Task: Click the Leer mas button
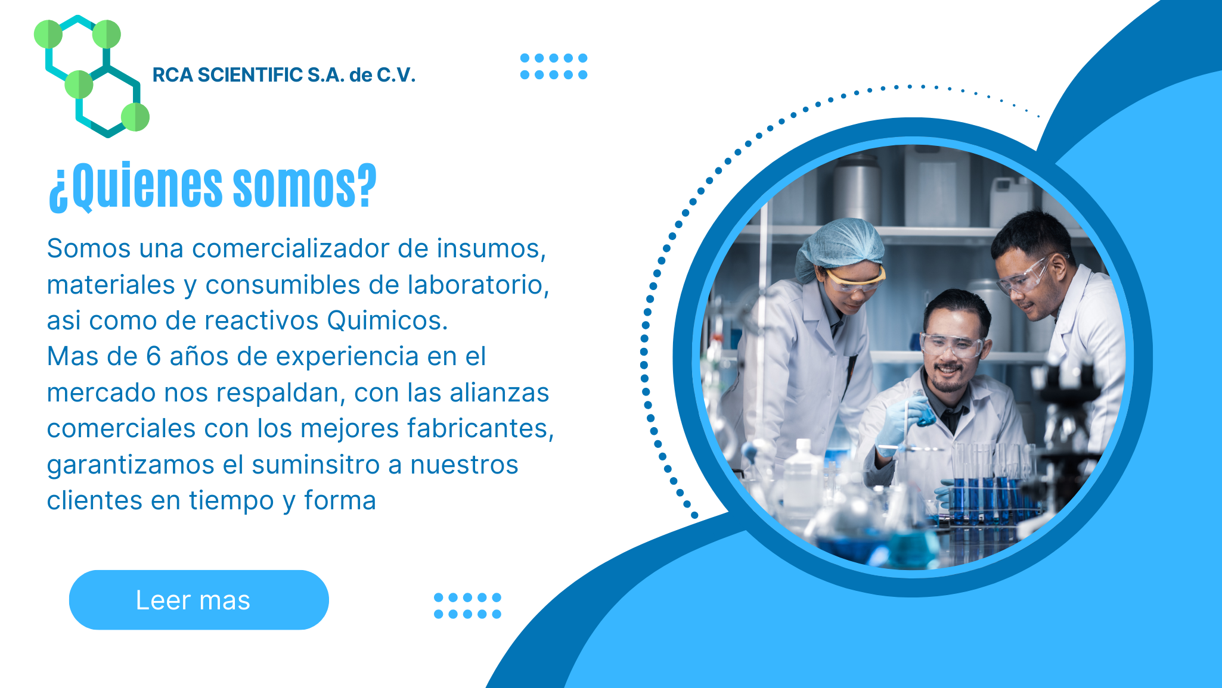point(199,600)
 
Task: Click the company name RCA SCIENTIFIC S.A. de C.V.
point(284,75)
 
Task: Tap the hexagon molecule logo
point(92,76)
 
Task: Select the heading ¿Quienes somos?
point(213,186)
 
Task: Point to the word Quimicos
point(387,320)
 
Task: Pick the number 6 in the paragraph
point(153,356)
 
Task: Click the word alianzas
point(499,393)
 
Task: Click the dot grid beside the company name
point(554,66)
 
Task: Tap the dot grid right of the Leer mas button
point(467,606)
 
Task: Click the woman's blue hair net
point(840,245)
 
